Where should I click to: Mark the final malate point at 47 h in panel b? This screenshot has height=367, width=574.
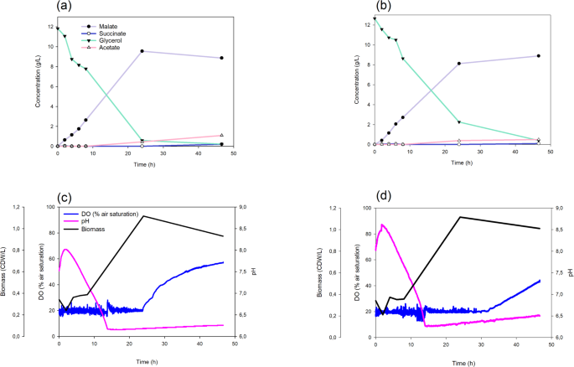[538, 56]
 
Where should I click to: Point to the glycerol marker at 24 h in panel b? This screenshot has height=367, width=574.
[459, 122]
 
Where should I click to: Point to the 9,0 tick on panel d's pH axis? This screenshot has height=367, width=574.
[558, 207]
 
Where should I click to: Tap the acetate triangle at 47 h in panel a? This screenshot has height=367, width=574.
[221, 135]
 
